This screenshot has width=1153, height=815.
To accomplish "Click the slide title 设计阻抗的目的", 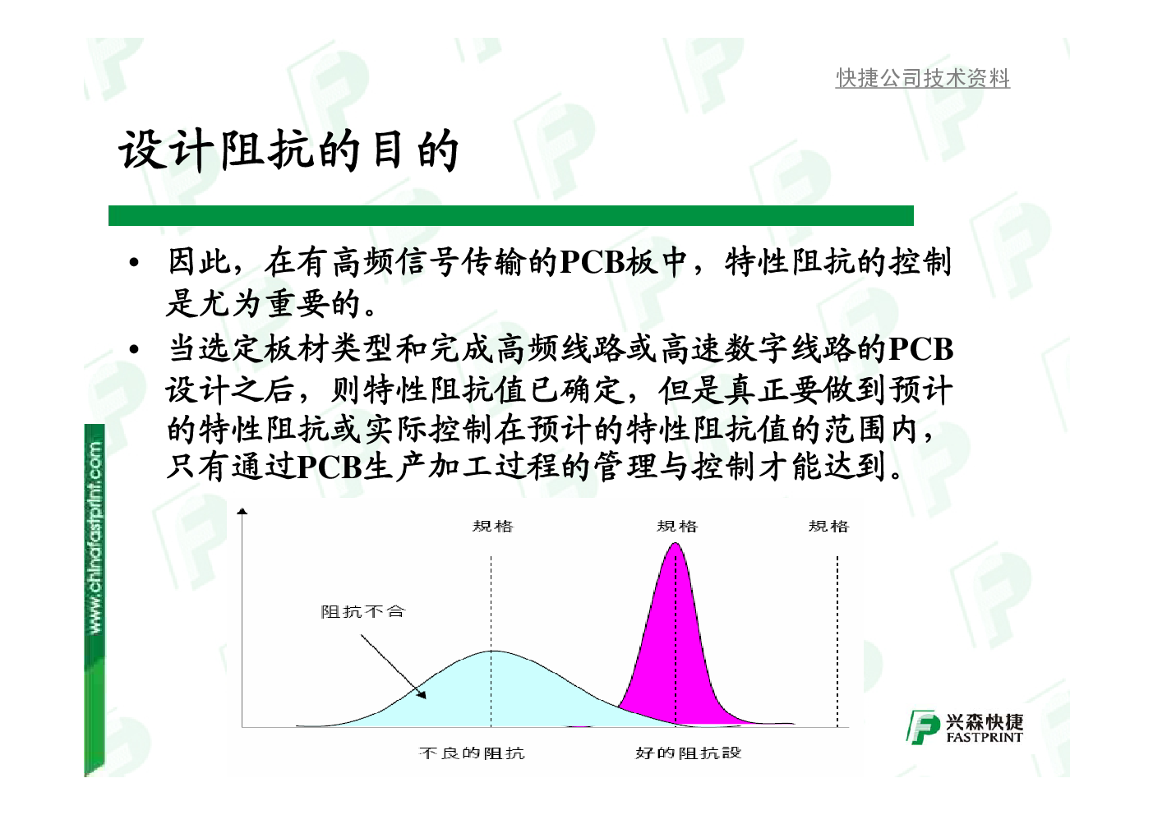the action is [x=288, y=150].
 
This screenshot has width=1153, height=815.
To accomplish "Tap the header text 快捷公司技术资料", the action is [x=922, y=78].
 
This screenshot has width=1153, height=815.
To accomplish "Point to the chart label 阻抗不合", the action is [x=363, y=611].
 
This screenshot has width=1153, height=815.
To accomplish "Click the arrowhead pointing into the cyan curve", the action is [x=422, y=694].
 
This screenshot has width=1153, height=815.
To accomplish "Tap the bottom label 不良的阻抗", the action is [x=472, y=753].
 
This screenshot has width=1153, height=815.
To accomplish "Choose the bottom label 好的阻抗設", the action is [x=688, y=753].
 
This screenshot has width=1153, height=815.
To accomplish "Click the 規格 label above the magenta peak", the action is [x=677, y=526].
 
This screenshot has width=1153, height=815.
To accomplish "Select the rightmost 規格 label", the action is [x=828, y=526].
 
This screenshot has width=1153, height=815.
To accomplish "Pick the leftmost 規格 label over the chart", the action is [x=493, y=526].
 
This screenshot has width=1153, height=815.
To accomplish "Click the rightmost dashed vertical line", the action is [x=837, y=641].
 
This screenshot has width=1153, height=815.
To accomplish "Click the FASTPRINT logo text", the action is [x=985, y=737].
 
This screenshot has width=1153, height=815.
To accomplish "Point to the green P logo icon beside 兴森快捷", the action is [x=923, y=727].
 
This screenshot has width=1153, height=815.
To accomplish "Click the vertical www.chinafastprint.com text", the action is [x=95, y=537].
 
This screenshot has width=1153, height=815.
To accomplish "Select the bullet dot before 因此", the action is [x=134, y=263].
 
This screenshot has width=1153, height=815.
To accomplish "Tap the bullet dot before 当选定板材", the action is [x=134, y=350].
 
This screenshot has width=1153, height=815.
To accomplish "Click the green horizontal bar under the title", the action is [x=510, y=215].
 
